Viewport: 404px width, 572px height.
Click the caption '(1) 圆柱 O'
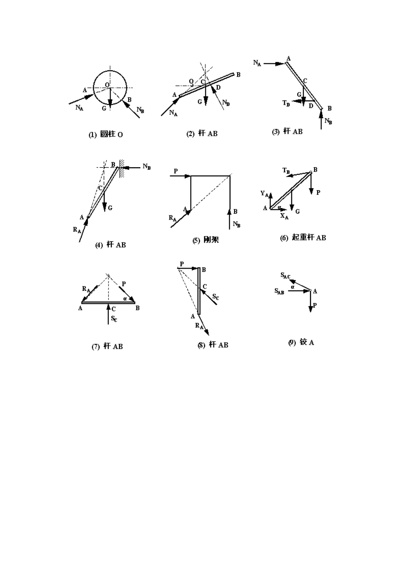click(105, 134)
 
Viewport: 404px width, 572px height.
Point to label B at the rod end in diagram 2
click(238, 75)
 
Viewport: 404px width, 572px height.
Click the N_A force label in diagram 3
click(257, 63)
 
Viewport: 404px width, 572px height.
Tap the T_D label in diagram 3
click(286, 103)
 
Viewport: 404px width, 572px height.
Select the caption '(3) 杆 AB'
click(287, 132)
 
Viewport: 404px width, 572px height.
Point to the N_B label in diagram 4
click(147, 166)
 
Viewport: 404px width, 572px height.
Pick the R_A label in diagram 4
click(77, 230)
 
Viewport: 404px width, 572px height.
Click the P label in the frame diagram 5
click(176, 171)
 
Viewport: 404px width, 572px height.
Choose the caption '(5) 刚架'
click(206, 240)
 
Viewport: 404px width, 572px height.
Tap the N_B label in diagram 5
click(236, 224)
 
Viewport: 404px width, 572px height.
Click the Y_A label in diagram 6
click(265, 194)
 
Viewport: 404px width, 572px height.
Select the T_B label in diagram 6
click(286, 171)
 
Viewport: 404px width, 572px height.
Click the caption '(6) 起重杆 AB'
click(303, 237)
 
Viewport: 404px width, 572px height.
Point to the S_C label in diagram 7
click(114, 318)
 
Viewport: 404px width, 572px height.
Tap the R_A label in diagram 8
click(199, 326)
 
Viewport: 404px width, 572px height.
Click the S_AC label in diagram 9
click(285, 275)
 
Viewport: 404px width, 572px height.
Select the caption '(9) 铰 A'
click(301, 342)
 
